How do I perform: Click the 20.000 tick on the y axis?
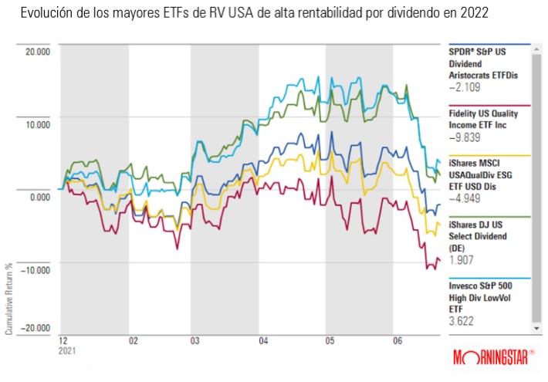click(x=36, y=52)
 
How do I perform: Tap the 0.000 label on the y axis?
click(x=39, y=197)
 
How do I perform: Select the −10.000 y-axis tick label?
click(x=35, y=269)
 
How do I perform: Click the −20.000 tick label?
click(x=35, y=329)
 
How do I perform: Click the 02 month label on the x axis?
click(x=133, y=340)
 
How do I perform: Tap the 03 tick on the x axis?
click(x=195, y=340)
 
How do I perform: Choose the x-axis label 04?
click(x=263, y=340)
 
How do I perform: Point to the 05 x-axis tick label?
click(x=330, y=340)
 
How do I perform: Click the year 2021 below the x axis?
click(x=68, y=350)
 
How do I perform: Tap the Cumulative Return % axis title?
click(x=8, y=298)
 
